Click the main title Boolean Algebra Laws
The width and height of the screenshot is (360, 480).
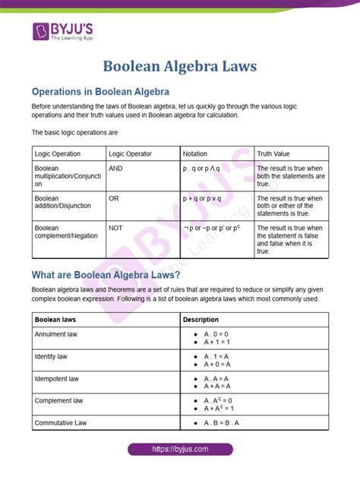[180, 66]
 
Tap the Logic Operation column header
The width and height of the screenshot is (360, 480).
[58, 153]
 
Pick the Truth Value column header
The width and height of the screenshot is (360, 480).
[273, 153]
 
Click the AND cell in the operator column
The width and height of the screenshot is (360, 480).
[118, 168]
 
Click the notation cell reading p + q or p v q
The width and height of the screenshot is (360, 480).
[202, 198]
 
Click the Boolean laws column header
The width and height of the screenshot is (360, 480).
[57, 320]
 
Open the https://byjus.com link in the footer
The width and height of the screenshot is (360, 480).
[179, 450]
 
